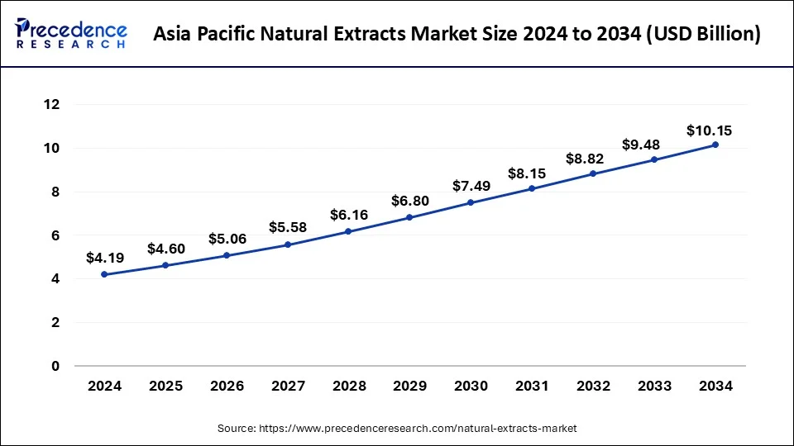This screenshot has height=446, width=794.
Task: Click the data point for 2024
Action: click(x=103, y=274)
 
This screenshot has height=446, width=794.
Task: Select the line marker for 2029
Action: click(x=409, y=217)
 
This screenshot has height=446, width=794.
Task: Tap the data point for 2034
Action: click(x=715, y=145)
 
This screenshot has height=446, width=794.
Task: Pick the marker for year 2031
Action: click(x=532, y=188)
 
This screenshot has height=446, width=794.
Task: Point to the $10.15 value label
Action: click(x=709, y=130)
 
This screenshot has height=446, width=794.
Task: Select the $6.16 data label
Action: click(x=348, y=214)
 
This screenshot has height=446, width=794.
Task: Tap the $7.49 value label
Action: click(x=471, y=186)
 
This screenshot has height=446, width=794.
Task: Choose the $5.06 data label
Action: click(x=226, y=239)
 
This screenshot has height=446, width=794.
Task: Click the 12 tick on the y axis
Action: click(x=52, y=105)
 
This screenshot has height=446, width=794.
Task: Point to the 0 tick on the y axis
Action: click(x=56, y=366)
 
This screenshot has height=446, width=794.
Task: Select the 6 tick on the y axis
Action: click(x=56, y=235)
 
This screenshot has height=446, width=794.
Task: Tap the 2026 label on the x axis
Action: click(x=226, y=385)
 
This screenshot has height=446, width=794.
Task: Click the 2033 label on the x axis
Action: click(x=654, y=385)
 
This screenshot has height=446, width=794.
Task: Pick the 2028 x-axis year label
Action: click(x=348, y=385)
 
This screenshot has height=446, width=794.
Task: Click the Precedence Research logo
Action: click(x=71, y=34)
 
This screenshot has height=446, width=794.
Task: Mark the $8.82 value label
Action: click(x=593, y=158)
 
